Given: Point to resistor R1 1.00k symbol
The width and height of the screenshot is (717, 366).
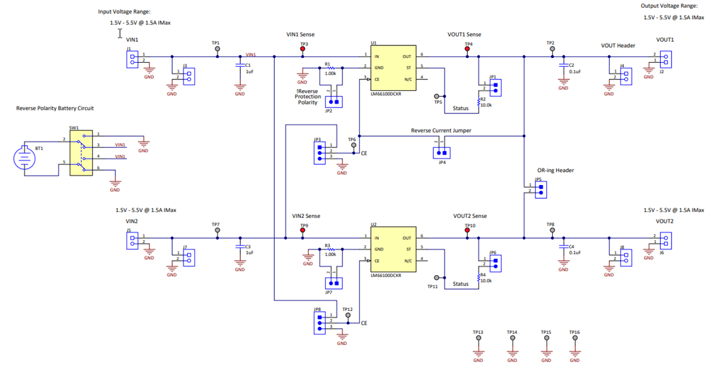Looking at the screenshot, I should pos(331,69).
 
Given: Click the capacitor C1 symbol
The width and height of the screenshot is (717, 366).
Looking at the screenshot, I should pos(240,65).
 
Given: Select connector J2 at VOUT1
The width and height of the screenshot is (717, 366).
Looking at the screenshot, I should pos(666,59).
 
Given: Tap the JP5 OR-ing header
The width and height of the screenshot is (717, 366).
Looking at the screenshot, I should pos(540,189).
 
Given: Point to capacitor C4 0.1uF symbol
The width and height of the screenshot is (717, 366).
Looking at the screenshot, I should pos(563,246).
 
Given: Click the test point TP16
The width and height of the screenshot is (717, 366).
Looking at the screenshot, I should pos(575,338).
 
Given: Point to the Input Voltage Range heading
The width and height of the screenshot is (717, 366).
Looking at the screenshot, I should pos(124,11).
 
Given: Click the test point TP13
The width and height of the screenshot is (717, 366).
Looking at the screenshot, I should pos(478,338).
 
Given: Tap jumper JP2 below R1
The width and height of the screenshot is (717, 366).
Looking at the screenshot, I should pos(332,102).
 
